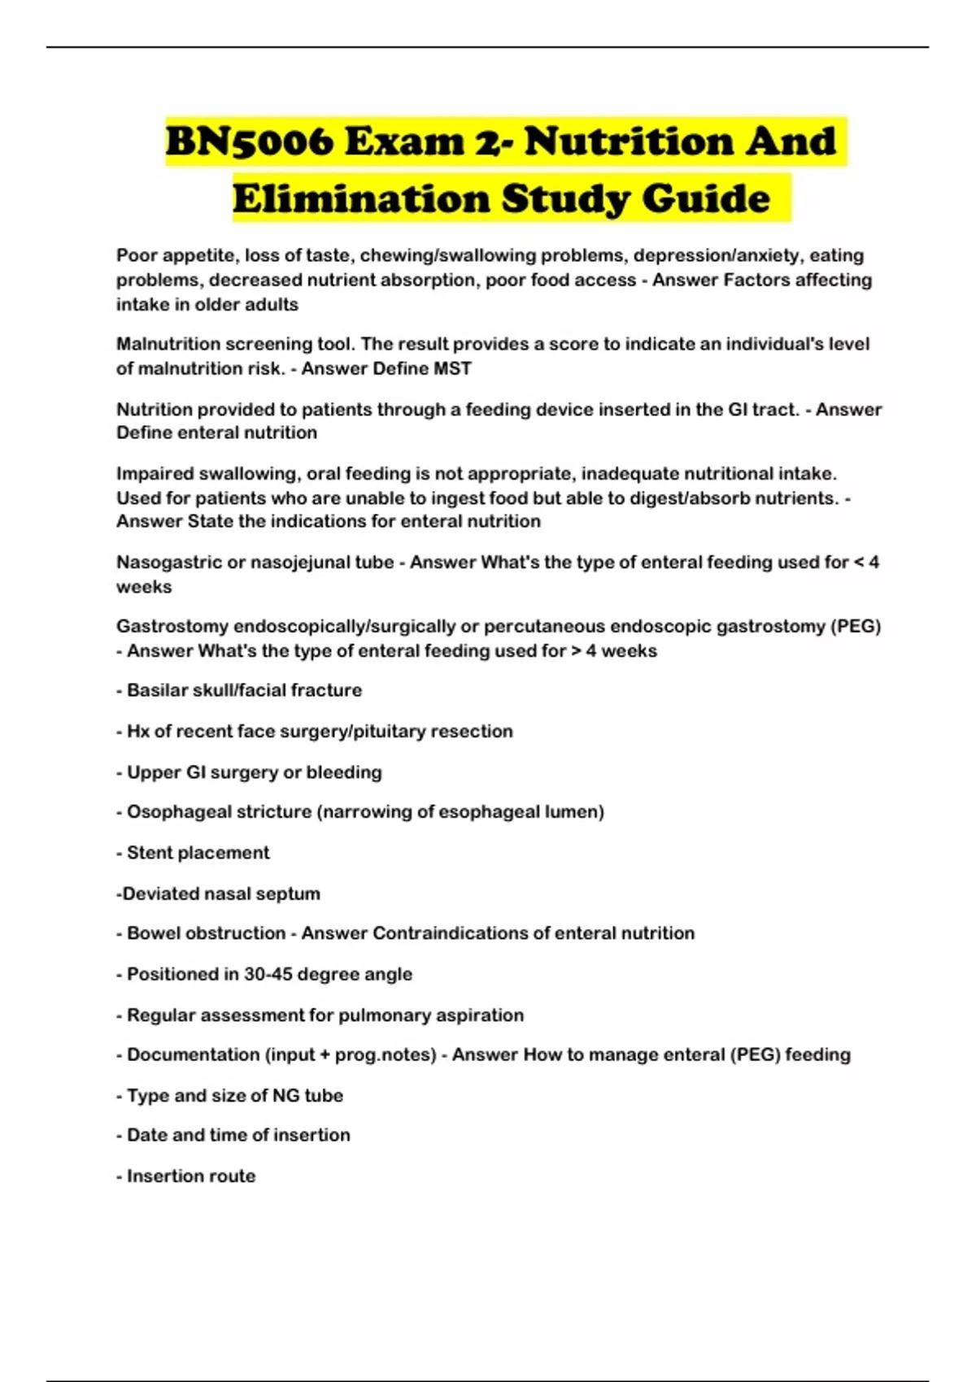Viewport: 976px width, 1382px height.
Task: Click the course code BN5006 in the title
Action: pyautogui.click(x=248, y=142)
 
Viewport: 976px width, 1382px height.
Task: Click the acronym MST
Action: pyautogui.click(x=452, y=369)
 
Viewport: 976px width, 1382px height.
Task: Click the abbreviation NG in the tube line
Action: pyautogui.click(x=285, y=1096)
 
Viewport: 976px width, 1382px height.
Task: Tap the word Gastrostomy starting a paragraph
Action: pyautogui.click(x=172, y=627)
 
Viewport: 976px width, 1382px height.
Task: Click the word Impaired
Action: pyautogui.click(x=152, y=474)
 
